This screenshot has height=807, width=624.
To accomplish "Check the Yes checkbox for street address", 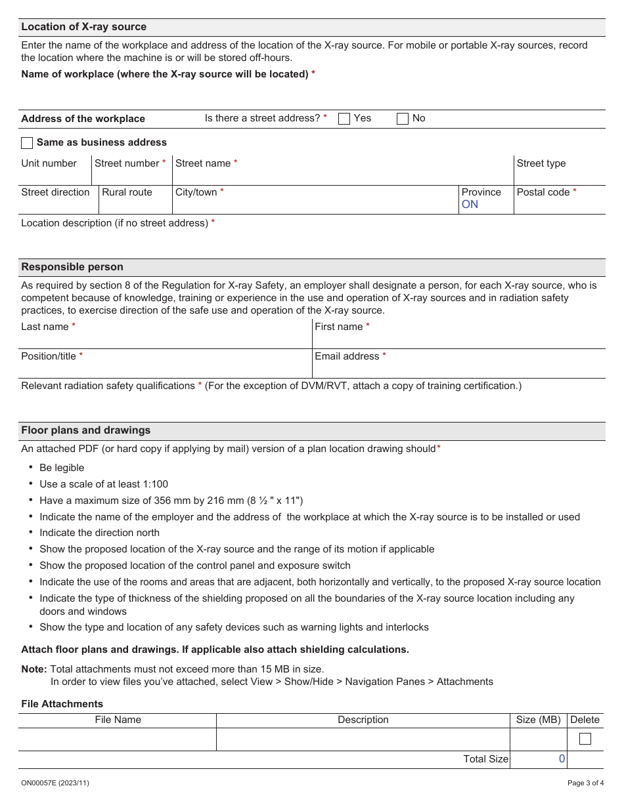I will coord(344,119).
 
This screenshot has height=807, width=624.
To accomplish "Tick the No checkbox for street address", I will coord(403,119).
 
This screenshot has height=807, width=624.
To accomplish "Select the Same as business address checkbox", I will coord(27,143).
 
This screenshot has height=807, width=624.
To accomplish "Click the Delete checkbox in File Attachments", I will coord(585,739).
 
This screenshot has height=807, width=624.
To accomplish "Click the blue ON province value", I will coord(470,205).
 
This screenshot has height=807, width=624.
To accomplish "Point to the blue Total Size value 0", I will coord(562,758).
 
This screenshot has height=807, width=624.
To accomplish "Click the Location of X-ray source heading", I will coord(84,27).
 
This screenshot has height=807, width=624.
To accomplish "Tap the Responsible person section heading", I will coord(72,267).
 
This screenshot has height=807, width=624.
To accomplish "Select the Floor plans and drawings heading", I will coord(86,430).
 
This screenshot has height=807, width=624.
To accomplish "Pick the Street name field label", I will coord(203,163).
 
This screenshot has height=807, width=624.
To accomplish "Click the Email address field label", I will coord(347,356).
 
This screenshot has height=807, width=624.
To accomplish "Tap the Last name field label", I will coord(45,327).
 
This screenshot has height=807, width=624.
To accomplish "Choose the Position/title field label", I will coord(49,356).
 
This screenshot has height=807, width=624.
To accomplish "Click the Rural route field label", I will coord(127,192).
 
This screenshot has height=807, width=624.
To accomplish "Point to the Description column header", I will coord(363,720).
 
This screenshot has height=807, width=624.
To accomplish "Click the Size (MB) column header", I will coord(538,720).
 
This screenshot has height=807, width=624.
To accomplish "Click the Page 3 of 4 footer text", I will coord(585,783).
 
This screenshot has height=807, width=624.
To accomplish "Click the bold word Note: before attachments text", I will coord(34,669).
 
